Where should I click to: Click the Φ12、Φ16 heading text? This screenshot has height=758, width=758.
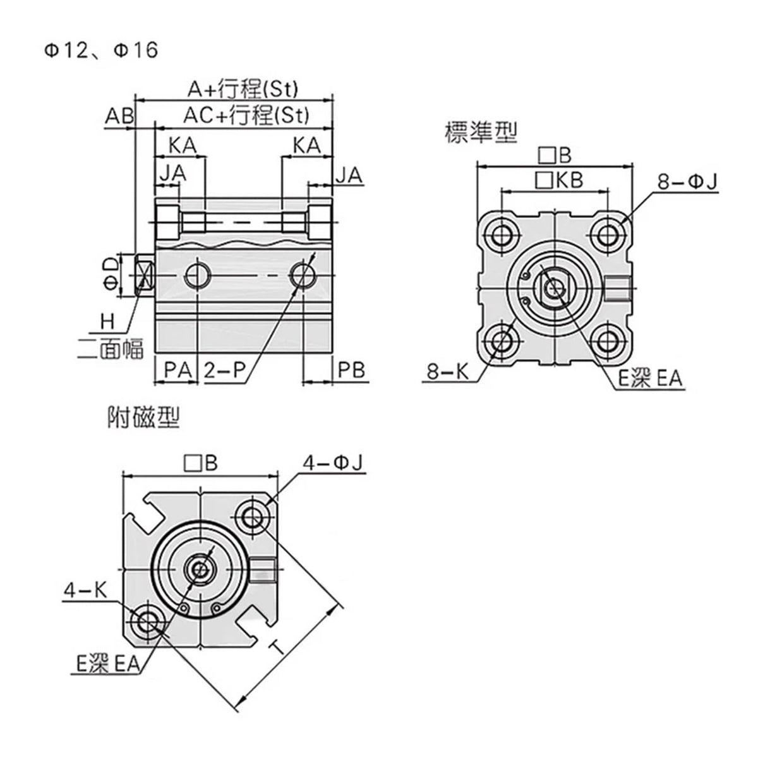[x=100, y=51]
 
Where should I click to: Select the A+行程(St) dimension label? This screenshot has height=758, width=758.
[x=243, y=88]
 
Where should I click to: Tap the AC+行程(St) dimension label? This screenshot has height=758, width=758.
[x=246, y=115]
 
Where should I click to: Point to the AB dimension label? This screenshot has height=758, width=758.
[x=119, y=116]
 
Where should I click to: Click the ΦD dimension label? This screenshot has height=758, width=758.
[x=111, y=275]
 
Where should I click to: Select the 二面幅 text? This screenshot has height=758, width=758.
[x=111, y=349]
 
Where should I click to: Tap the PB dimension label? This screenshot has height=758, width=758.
[x=351, y=370]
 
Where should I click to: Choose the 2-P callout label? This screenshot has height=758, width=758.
[x=225, y=370]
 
